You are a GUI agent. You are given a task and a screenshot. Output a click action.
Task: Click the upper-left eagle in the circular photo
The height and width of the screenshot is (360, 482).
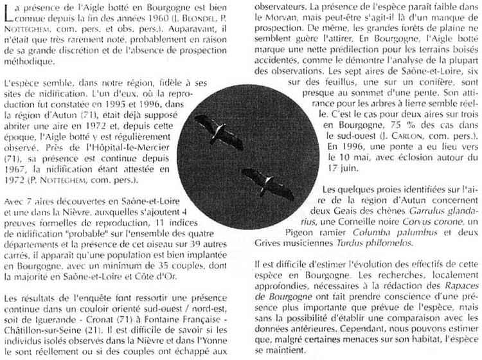[218, 131]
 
